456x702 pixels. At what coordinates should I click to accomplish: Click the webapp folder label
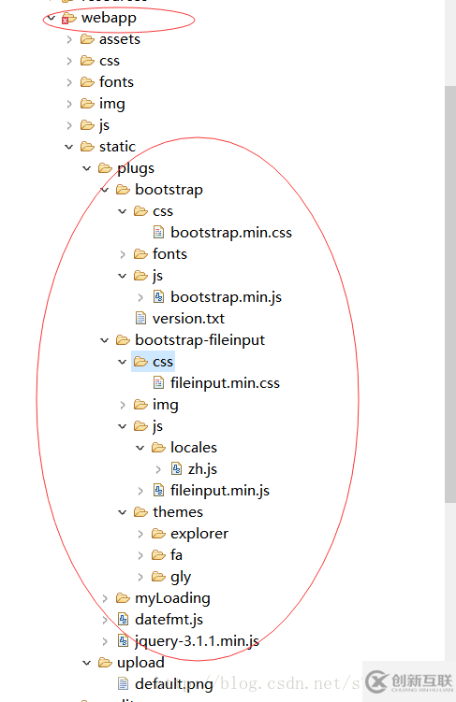109,18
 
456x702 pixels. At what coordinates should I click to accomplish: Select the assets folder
119,39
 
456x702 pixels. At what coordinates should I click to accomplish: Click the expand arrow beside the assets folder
69,39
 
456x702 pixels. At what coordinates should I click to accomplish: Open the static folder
117,147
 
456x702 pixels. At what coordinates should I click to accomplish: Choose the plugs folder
135,168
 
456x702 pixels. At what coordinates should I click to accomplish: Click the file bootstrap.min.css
230,233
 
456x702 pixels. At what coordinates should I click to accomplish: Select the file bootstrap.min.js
226,297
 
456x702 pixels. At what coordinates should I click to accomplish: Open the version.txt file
188,319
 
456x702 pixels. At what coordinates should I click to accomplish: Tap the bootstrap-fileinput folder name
199,340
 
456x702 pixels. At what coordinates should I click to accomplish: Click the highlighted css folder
163,362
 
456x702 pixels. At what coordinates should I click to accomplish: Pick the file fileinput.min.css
225,383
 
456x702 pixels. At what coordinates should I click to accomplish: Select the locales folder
193,448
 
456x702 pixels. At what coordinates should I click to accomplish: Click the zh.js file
202,469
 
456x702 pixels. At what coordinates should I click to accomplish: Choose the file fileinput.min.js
220,491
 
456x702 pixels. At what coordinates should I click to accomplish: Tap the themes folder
177,512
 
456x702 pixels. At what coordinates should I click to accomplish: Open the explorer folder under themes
199,534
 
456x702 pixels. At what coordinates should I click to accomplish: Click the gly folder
180,577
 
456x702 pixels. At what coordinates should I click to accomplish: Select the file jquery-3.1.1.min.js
197,641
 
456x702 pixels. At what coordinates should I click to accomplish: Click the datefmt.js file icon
123,620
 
